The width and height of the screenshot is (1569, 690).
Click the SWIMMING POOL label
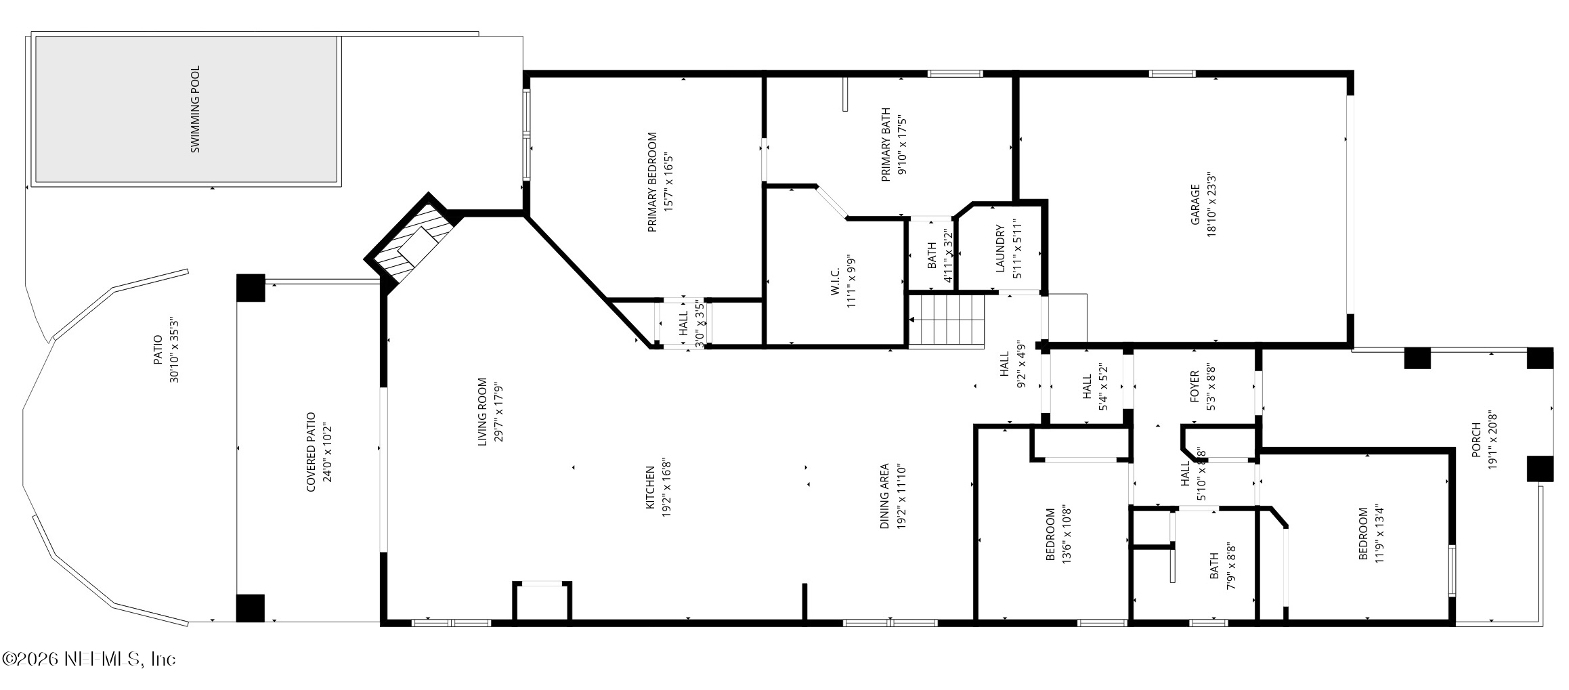[195, 109]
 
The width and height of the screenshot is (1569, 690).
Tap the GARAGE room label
[1195, 204]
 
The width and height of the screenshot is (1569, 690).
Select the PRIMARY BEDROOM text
[653, 182]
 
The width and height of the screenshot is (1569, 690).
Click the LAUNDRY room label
[1000, 249]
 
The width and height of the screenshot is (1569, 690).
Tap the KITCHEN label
[649, 488]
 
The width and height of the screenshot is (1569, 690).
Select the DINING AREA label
[884, 496]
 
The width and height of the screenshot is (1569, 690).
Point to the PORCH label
[1477, 440]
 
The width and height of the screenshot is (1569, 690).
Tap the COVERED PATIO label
[311, 452]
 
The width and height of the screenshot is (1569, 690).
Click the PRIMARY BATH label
[885, 146]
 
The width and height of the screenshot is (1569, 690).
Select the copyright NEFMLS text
[89, 659]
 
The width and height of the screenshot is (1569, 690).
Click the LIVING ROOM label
[483, 412]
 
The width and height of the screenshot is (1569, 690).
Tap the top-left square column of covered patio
[251, 288]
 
